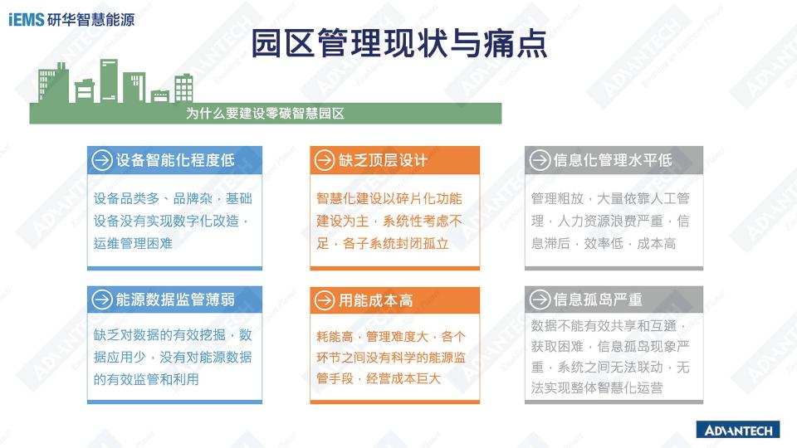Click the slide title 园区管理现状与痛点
(399, 43)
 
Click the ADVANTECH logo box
(738, 431)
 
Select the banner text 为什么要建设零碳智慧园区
(265, 114)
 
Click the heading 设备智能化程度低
(175, 160)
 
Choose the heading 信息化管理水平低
(613, 160)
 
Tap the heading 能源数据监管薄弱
(175, 299)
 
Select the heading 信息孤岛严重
(598, 299)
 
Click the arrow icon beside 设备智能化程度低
(101, 160)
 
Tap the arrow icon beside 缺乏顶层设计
(325, 160)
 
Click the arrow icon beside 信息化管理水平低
(540, 160)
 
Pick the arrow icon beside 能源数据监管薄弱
(101, 299)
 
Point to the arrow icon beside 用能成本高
(325, 300)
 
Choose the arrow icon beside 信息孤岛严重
(540, 299)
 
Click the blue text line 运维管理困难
(133, 243)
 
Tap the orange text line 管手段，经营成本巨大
(379, 378)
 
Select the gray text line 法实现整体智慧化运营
(597, 388)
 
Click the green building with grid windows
(184, 89)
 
